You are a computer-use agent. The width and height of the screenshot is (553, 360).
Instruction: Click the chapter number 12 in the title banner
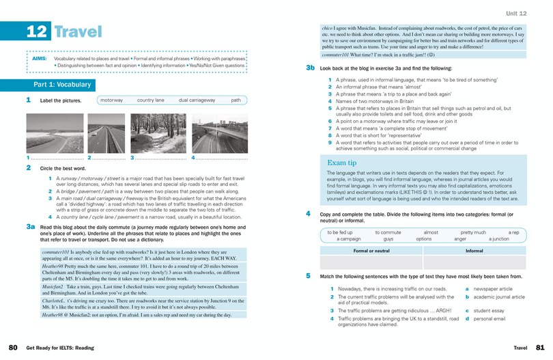coord(36,32)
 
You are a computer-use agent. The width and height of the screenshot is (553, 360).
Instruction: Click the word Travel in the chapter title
coord(77,32)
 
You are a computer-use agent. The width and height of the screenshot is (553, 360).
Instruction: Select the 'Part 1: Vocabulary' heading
coord(62,85)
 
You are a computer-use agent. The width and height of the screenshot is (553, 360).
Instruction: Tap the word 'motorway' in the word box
coord(111,100)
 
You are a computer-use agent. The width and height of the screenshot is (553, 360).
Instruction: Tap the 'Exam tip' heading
coord(343,163)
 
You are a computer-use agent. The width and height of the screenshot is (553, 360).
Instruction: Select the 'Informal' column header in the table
coord(474,251)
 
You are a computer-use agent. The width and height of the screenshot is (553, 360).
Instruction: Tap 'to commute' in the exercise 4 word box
coord(388,232)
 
